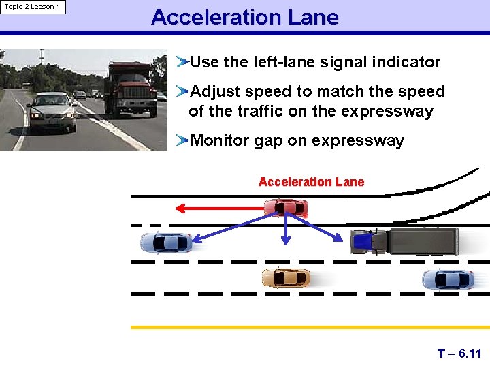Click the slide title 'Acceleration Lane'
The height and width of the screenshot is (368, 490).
point(244,17)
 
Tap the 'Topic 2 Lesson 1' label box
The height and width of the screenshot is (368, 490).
point(33,7)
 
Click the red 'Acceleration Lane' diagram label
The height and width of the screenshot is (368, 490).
point(311,182)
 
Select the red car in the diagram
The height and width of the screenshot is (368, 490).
point(286,207)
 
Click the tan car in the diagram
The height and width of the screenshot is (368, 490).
point(286,277)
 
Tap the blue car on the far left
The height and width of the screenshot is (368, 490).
point(165,242)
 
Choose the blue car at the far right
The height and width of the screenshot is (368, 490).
point(447,279)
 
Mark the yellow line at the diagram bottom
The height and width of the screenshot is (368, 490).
point(310,327)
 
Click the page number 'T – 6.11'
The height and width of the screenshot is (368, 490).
point(459,354)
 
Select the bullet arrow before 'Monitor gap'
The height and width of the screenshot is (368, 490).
point(181,141)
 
